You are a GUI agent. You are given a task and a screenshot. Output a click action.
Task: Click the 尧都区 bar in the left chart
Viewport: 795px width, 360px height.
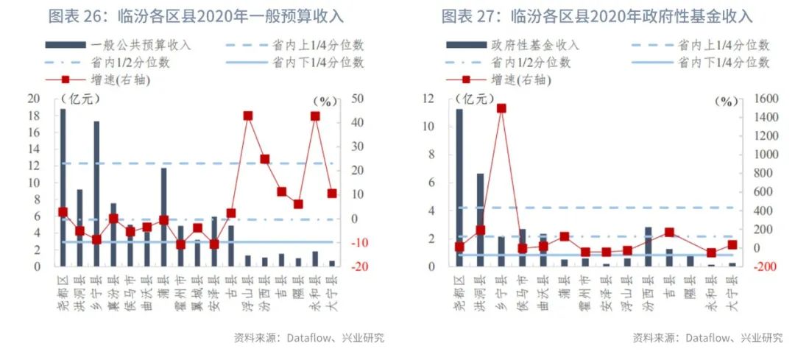(x=63, y=188)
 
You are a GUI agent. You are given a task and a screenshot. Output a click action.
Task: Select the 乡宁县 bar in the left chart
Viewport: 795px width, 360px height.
(x=96, y=194)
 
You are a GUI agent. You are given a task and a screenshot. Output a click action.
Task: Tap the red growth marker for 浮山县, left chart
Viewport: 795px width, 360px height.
(x=247, y=116)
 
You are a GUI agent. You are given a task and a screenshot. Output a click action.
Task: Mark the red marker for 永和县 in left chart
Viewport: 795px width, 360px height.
(x=315, y=116)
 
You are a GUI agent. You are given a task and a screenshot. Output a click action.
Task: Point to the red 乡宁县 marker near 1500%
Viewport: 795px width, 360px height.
(x=501, y=108)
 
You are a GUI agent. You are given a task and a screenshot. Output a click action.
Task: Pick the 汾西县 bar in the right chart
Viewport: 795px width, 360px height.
(x=649, y=247)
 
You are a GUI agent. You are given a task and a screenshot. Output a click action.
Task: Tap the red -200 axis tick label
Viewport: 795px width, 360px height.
(x=756, y=267)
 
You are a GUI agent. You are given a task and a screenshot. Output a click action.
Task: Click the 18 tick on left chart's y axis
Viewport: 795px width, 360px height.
(x=32, y=116)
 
